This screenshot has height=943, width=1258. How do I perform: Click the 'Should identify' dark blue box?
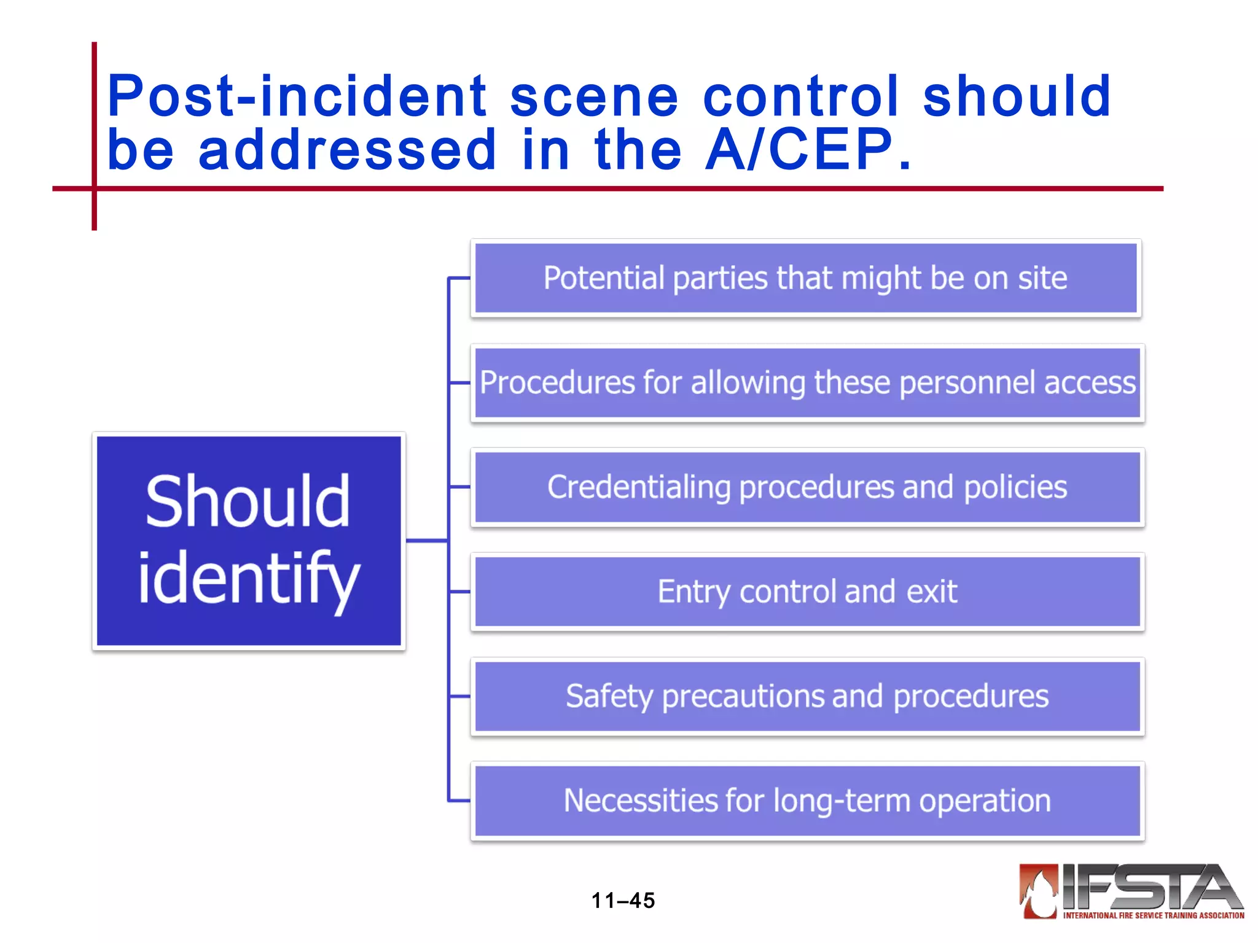click(x=249, y=540)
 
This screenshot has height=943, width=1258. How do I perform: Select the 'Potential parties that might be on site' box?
click(x=806, y=278)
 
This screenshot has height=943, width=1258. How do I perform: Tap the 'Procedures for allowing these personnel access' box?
click(x=807, y=382)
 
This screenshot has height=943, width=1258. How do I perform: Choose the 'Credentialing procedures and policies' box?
click(x=807, y=487)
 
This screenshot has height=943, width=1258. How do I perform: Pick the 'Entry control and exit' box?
click(x=807, y=591)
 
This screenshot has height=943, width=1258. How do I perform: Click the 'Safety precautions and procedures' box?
click(x=807, y=696)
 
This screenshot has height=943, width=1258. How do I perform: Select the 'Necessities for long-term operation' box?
click(x=807, y=801)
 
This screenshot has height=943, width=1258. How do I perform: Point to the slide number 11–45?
click(x=623, y=901)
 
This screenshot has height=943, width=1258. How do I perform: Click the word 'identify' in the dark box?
click(x=248, y=578)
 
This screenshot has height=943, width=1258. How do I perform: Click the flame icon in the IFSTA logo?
click(x=1039, y=892)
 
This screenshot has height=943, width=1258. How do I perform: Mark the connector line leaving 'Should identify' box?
click(x=426, y=540)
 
